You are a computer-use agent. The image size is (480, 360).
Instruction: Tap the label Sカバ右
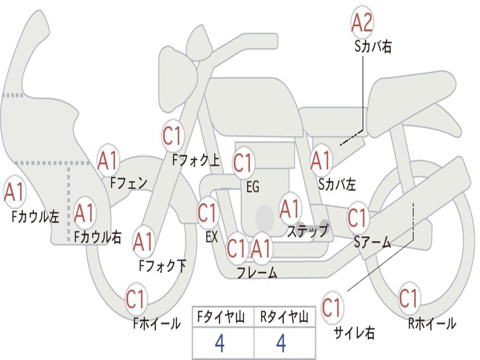(373, 47)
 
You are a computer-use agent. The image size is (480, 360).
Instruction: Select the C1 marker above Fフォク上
(172, 136)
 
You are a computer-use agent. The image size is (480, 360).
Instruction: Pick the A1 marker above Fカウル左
(14, 192)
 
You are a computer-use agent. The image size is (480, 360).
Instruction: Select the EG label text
(253, 187)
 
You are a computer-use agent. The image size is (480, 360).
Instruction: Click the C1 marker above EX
(208, 213)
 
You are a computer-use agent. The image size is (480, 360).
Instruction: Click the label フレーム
(257, 272)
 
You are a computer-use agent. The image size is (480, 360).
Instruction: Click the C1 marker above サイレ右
(332, 308)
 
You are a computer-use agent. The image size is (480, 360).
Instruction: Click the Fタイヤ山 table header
(223, 318)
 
